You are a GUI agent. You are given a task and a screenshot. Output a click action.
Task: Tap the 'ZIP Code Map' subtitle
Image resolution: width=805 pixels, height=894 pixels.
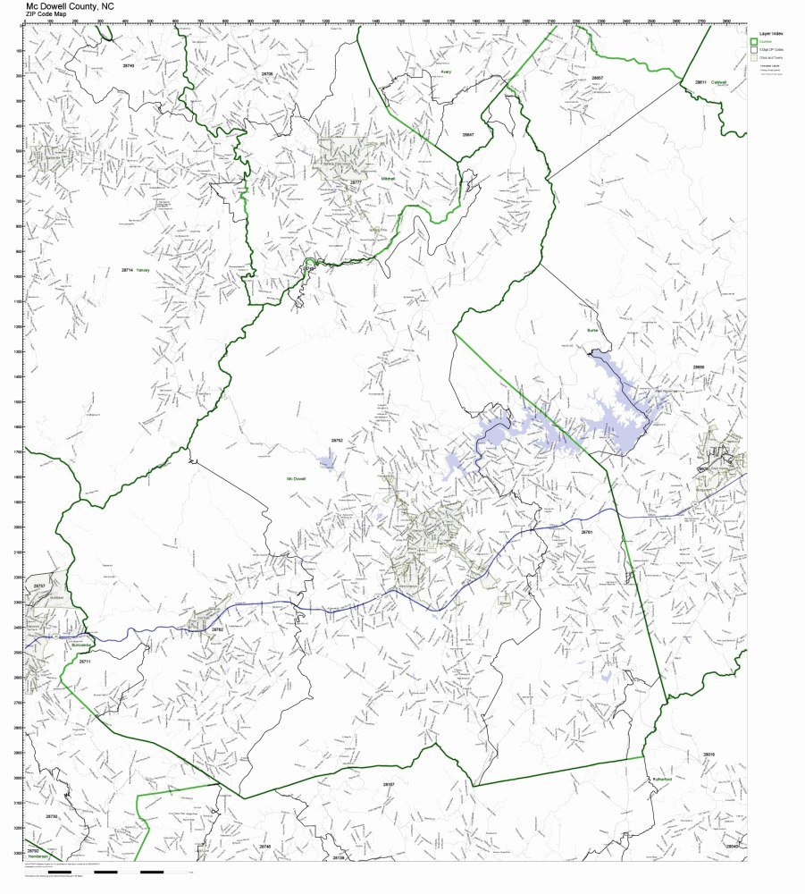coord(46,14)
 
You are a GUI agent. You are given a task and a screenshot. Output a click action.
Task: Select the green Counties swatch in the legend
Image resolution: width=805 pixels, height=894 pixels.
coord(754,42)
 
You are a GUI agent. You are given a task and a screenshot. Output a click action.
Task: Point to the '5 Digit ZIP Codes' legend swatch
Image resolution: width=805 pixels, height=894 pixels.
coord(754,50)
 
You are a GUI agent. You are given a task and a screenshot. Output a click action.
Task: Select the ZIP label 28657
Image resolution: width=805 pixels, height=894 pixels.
coord(597,78)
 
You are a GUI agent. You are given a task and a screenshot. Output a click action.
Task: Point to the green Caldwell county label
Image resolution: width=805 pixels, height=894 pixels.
coord(719,82)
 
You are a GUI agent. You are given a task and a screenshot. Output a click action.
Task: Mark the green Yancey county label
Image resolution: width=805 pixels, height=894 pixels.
coord(144,270)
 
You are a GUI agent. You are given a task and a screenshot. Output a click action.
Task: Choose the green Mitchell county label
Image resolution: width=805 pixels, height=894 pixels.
coord(387,178)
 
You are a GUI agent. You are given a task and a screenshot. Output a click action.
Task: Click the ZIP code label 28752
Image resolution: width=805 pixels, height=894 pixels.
coord(337,441)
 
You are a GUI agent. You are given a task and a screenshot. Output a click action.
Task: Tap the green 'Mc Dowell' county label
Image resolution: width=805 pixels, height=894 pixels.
coord(296,479)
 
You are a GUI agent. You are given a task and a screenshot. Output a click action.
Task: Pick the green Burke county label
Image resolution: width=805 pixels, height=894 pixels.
coord(591,330)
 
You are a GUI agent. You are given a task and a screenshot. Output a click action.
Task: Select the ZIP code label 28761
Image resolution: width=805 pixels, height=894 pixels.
coord(587,532)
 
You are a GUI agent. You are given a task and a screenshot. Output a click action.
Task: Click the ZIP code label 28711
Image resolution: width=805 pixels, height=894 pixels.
coord(85,662)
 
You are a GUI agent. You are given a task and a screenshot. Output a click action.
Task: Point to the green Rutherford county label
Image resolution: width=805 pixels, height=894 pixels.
coord(661,780)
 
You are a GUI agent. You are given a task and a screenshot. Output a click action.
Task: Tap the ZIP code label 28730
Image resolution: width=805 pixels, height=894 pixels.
coord(52,816)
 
